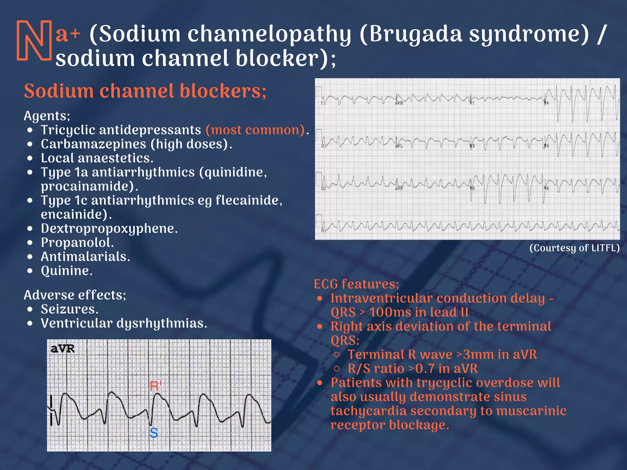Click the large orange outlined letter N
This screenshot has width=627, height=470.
(x=34, y=40)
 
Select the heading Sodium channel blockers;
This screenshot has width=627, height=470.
(x=145, y=91)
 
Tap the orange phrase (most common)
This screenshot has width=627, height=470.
(x=255, y=130)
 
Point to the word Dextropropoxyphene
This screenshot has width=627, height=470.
(x=109, y=229)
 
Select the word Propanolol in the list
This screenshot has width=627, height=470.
(x=77, y=243)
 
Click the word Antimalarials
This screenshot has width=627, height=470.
(x=85, y=257)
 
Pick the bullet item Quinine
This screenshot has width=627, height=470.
(x=66, y=271)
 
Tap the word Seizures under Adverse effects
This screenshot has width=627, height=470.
(x=69, y=309)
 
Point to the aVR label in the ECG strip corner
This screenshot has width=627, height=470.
(x=62, y=349)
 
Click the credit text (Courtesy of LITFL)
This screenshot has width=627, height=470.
(x=574, y=248)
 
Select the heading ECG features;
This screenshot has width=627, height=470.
(x=356, y=284)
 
